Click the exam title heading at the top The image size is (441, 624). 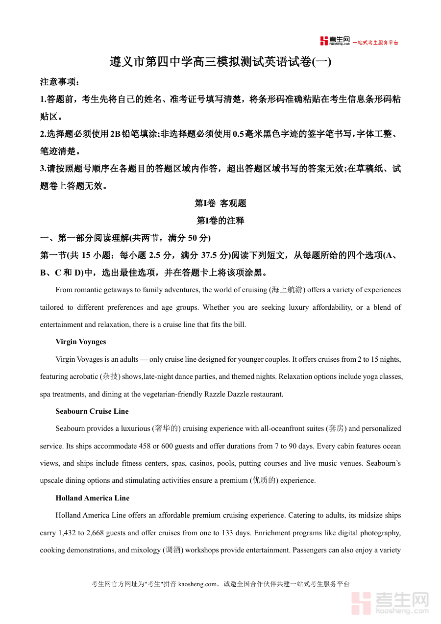tap(220, 62)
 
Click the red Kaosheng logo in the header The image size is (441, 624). tap(335, 41)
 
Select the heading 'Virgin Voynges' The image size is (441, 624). tap(80, 342)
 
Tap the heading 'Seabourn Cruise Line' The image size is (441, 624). tap(92, 411)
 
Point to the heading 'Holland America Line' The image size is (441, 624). tap(93, 498)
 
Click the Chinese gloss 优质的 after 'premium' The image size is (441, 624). tap(263, 480)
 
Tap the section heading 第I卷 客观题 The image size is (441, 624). tap(220, 203)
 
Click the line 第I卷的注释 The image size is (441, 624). tap(220, 221)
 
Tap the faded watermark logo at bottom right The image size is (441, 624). tap(390, 602)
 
